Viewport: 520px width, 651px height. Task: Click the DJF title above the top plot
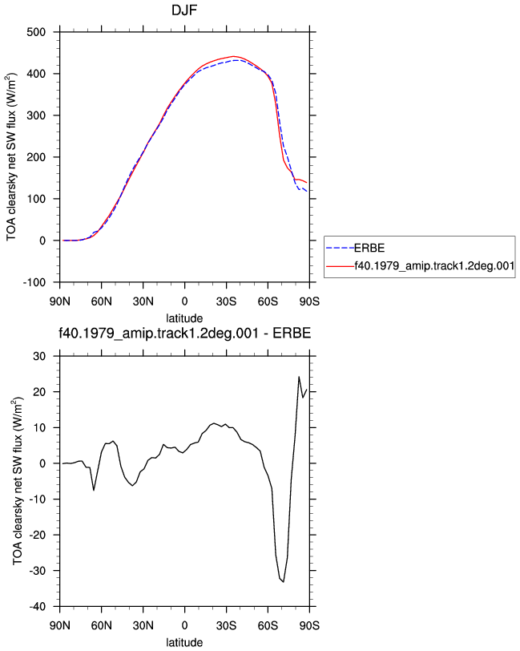pyautogui.click(x=184, y=10)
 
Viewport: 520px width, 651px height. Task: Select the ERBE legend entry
pyautogui.click(x=369, y=249)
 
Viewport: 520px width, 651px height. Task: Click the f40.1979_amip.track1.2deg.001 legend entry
pyautogui.click(x=434, y=265)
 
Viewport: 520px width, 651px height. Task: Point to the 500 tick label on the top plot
pyautogui.click(x=36, y=32)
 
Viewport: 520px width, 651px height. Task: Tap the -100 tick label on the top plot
pyautogui.click(x=34, y=282)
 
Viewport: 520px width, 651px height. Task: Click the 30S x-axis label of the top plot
pyautogui.click(x=226, y=301)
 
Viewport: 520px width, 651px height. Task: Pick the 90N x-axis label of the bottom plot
pyautogui.click(x=60, y=625)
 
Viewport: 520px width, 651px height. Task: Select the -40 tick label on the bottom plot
pyautogui.click(x=38, y=607)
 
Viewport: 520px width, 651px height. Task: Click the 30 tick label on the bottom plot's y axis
pyautogui.click(x=39, y=356)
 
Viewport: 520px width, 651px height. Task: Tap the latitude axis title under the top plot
pyautogui.click(x=184, y=318)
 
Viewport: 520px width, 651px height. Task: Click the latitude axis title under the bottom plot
pyautogui.click(x=184, y=643)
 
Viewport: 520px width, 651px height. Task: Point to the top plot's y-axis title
pyautogui.click(x=11, y=157)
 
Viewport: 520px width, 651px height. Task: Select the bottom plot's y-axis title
pyautogui.click(x=18, y=481)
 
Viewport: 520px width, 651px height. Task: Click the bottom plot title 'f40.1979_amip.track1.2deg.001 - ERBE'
pyautogui.click(x=184, y=334)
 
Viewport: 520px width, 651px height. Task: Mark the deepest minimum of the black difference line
pyautogui.click(x=284, y=582)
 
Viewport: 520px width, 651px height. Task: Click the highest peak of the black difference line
pyautogui.click(x=299, y=377)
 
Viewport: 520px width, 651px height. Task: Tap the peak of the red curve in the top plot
pyautogui.click(x=233, y=56)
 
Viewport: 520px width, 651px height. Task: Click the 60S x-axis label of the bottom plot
pyautogui.click(x=268, y=625)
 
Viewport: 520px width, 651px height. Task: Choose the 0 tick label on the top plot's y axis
pyautogui.click(x=42, y=241)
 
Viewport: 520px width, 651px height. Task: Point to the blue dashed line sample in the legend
pyautogui.click(x=340, y=249)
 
